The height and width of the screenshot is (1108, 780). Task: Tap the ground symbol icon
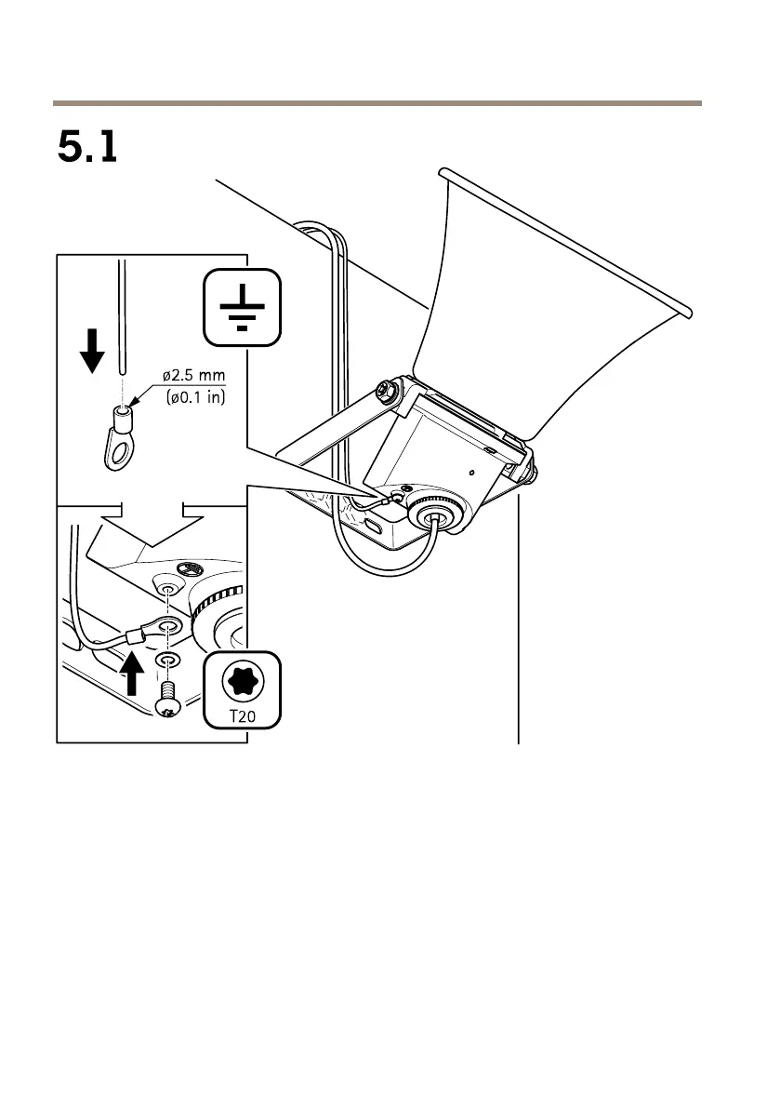(241, 307)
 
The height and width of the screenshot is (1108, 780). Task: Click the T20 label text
(241, 716)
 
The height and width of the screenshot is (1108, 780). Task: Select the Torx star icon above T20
(241, 681)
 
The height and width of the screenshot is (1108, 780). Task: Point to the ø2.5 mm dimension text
(193, 376)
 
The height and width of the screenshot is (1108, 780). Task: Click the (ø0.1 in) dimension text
(193, 397)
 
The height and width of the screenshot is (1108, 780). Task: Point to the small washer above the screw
(167, 659)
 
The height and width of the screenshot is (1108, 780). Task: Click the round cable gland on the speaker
(433, 517)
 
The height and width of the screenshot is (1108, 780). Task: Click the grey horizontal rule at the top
(377, 102)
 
